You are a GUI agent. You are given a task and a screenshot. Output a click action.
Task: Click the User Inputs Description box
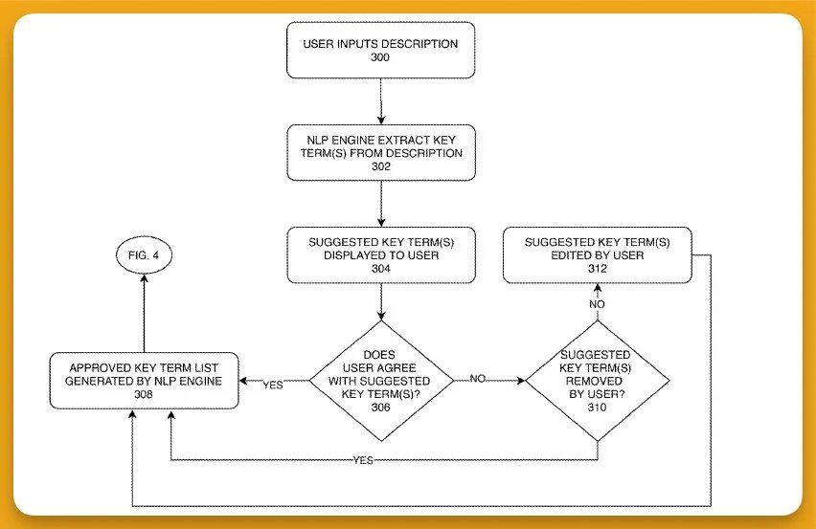[x=380, y=50]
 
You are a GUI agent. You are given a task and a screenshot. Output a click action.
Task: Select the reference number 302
[x=381, y=166]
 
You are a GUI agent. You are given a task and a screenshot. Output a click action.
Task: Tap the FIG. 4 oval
[x=144, y=255]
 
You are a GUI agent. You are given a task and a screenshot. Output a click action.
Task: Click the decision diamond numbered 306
[x=381, y=381]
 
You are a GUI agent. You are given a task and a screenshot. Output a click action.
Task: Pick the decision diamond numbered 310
[x=598, y=381]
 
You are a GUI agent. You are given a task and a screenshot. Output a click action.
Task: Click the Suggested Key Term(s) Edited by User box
[x=598, y=255]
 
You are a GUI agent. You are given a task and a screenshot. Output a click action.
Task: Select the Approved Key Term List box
[x=144, y=381]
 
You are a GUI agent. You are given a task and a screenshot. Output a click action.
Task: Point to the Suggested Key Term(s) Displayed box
[x=381, y=255]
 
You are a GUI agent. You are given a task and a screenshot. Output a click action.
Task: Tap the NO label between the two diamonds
[x=478, y=378]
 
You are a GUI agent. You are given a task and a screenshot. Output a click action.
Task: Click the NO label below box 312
[x=597, y=304]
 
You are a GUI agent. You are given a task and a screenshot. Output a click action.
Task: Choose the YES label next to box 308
[x=273, y=386]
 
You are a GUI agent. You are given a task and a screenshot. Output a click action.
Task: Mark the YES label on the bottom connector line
[x=363, y=460]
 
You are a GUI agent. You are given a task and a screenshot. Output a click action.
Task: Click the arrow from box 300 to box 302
[x=381, y=101]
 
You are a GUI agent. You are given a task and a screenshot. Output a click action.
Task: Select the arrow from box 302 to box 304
[x=381, y=204]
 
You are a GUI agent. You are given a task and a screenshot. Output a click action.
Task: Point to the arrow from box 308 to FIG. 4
[x=144, y=314]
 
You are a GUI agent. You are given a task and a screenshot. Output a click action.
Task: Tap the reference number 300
[x=380, y=57]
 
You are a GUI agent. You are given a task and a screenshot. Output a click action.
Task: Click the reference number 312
[x=598, y=268]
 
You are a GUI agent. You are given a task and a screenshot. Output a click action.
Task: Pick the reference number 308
[x=144, y=394]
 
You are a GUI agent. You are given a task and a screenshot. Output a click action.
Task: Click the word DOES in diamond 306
[x=379, y=354]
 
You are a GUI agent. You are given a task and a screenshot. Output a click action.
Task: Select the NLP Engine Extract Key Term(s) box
[x=381, y=153]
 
